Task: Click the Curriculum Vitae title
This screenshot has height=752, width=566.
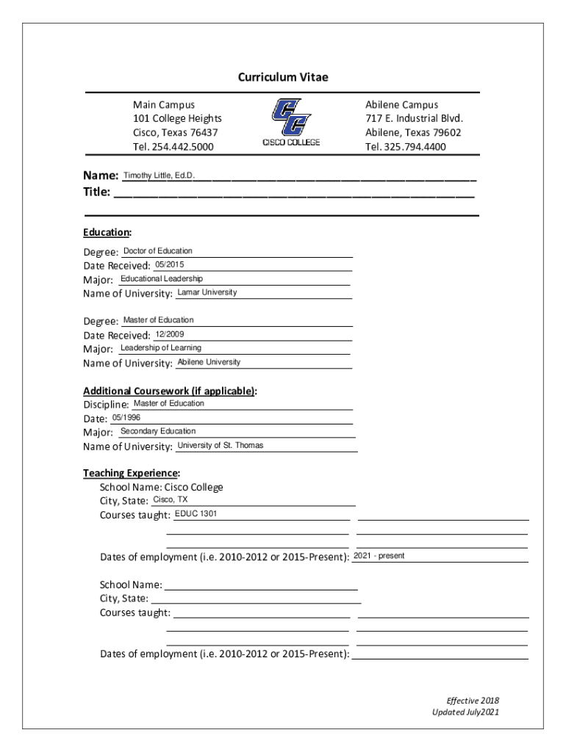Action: [283, 77]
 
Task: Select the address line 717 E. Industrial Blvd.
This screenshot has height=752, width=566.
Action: [414, 119]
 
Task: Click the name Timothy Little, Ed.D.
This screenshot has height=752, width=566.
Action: [159, 176]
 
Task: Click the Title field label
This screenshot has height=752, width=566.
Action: [97, 192]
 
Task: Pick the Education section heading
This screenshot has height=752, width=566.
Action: [107, 233]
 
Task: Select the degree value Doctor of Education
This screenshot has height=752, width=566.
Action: [157, 251]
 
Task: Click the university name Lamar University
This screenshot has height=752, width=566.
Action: [207, 292]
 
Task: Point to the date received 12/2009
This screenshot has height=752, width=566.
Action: [170, 334]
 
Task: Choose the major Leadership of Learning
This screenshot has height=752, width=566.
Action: [161, 348]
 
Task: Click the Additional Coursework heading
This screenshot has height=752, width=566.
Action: [170, 391]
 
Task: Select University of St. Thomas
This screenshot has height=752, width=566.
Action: [220, 445]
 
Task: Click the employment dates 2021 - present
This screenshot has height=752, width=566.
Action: [379, 556]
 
